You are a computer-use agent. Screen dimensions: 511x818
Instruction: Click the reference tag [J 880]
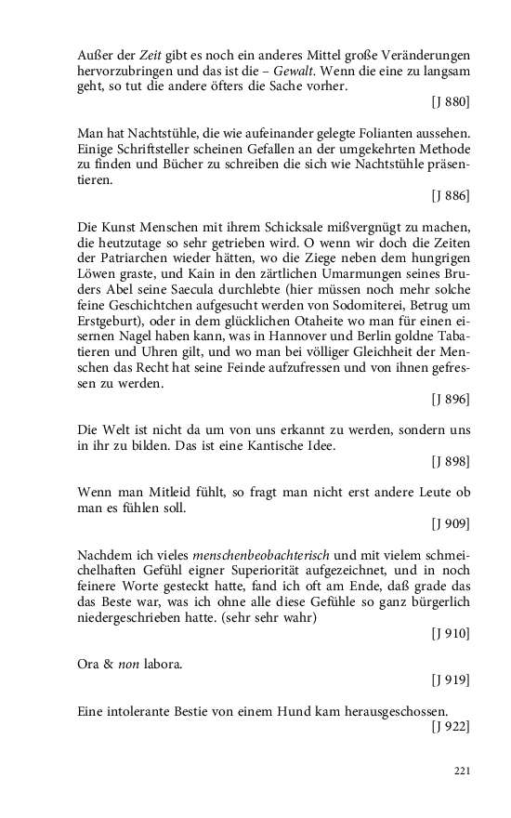(451, 100)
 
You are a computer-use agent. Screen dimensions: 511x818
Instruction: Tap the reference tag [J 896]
(451, 400)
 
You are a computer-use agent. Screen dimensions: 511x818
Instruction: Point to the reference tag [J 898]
(451, 461)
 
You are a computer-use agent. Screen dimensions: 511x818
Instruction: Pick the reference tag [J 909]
(451, 523)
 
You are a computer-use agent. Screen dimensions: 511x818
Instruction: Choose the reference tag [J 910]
(451, 634)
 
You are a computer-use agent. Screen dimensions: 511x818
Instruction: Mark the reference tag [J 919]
(451, 681)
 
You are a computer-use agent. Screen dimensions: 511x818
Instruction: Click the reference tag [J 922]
(451, 727)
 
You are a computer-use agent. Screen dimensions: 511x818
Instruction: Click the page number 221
(462, 772)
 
